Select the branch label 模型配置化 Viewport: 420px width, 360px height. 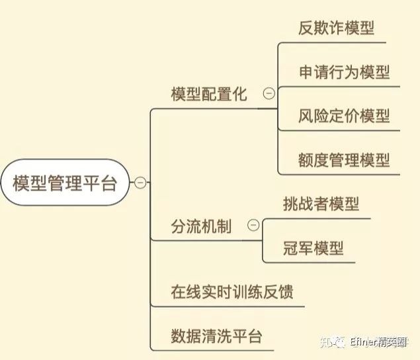pyautogui.click(x=208, y=94)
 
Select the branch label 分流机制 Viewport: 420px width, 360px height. pyautogui.click(x=201, y=226)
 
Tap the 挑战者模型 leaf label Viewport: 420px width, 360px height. pyautogui.click(x=321, y=204)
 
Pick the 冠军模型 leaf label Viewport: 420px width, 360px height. pyautogui.click(x=313, y=248)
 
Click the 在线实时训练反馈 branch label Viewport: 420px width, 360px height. pyautogui.click(x=231, y=292)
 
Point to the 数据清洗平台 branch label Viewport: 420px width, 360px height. pyautogui.click(x=216, y=336)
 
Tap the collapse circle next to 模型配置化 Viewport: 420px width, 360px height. pyautogui.click(x=269, y=94)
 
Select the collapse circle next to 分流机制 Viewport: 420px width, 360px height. pyautogui.click(x=253, y=226)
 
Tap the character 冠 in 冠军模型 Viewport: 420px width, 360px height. pyautogui.click(x=290, y=248)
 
